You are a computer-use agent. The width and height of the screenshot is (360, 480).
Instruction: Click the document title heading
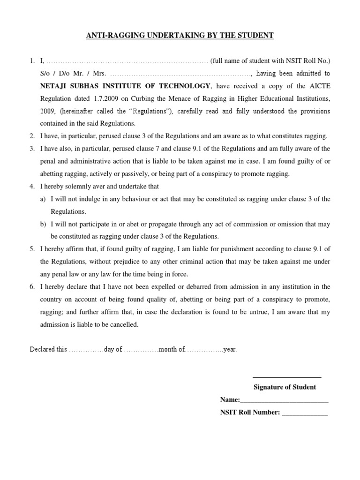180,35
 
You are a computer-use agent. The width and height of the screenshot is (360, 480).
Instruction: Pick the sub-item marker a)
43,199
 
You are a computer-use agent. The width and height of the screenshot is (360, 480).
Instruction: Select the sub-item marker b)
43,224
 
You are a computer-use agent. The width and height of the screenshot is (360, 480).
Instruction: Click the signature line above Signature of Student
286,377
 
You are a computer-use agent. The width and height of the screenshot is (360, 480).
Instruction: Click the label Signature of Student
285,387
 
